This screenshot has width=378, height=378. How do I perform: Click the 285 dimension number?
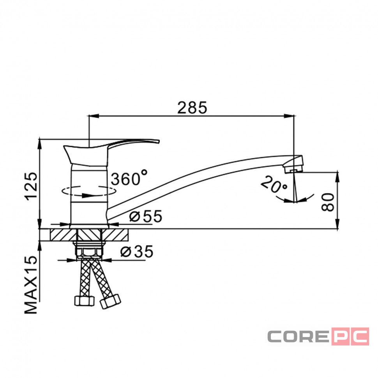tap(192, 108)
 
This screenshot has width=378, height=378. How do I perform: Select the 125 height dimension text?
tap(31, 186)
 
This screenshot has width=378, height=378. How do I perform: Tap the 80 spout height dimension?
tap(328, 202)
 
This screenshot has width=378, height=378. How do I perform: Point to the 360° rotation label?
tap(129, 178)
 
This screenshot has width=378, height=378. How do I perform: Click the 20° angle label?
tap(274, 185)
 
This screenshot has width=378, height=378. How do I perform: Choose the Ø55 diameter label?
tap(146, 216)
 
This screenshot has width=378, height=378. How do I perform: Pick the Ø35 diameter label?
tap(137, 251)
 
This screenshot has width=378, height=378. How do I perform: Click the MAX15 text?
tap(31, 284)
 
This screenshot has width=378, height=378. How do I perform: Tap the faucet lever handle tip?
tap(159, 141)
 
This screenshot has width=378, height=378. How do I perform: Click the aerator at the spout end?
tap(293, 168)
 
